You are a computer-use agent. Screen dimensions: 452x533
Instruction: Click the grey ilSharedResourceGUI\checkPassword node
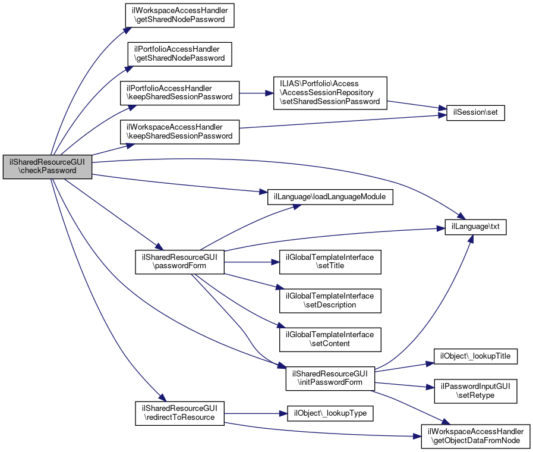48,166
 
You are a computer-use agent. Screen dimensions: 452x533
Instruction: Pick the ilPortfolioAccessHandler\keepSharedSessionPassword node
179,92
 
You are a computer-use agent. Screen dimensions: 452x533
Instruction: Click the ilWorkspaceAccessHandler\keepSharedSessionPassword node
179,131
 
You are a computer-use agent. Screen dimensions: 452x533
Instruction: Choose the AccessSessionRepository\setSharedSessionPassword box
330,92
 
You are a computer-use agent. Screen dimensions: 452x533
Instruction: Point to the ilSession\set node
475,112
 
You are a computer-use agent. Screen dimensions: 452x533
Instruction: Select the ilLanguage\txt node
476,227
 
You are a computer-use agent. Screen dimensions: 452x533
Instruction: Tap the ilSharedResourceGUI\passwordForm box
179,261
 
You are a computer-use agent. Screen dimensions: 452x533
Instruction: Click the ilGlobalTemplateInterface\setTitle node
330,261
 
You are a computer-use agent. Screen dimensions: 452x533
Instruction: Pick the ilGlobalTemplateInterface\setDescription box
330,300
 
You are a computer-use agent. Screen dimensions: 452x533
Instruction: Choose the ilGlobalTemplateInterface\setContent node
330,339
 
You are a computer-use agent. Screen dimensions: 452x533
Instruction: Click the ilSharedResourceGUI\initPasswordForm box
330,378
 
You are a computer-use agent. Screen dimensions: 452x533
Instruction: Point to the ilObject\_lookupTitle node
476,356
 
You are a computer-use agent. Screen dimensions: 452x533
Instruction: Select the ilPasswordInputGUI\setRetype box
476,391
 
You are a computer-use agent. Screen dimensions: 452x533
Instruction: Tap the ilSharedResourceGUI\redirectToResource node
179,413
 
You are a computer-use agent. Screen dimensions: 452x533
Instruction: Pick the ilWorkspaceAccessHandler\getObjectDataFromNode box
476,436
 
